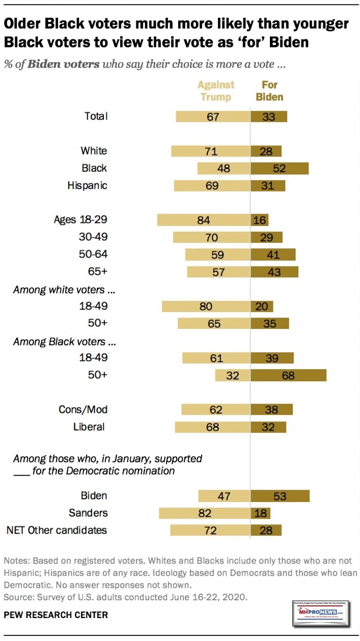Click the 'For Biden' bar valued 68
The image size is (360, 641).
(x=288, y=375)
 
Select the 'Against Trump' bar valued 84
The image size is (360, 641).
(x=204, y=220)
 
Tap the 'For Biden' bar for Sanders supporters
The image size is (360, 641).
(x=261, y=513)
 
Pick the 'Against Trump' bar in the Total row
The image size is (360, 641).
(x=213, y=116)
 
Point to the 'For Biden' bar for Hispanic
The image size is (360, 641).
(x=268, y=185)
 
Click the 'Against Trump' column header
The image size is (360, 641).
(x=216, y=90)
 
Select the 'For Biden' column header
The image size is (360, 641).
(x=269, y=90)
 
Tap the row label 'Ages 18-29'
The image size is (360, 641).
(x=80, y=220)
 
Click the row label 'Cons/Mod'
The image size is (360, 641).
(x=83, y=409)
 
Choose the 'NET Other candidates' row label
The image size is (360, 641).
(x=57, y=530)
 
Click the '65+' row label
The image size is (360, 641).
(x=97, y=271)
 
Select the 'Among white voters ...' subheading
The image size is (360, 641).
(x=60, y=290)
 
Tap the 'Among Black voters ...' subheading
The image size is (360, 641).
(x=59, y=341)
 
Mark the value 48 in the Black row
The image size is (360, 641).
(x=224, y=168)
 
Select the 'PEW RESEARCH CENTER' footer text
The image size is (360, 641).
(x=56, y=615)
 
